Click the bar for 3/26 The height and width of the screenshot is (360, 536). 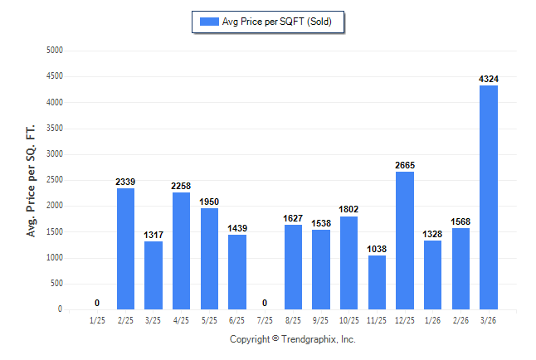pos(489,197)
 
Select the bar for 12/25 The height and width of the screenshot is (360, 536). pos(405,241)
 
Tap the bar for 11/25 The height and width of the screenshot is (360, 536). pos(377,282)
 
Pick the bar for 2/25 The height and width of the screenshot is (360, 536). pos(125,249)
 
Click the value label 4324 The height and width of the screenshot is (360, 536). pos(489,79)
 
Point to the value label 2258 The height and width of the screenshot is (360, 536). pos(182,186)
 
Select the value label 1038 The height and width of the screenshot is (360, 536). pos(377,249)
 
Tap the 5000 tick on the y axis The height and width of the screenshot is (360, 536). pos(54,51)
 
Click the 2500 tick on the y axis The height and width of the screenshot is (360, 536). pos(54,180)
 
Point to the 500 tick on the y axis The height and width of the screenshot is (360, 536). pos(56,284)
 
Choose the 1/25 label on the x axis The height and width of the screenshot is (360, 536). pos(97,320)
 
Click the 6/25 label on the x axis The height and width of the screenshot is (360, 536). pos(237,320)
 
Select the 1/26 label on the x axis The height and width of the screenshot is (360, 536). pos(433,320)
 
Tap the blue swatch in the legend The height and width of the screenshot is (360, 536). pos(208,22)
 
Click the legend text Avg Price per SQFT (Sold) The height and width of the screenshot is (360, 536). pos(276,22)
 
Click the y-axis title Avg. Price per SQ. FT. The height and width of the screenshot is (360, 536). pos(32,180)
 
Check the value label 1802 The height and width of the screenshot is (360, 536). pos(349,209)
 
